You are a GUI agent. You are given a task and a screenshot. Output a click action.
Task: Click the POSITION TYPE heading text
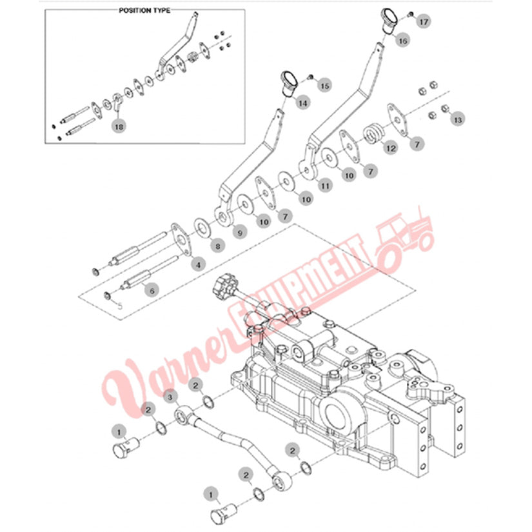144,10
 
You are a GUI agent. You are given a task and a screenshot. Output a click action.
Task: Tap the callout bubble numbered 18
119,126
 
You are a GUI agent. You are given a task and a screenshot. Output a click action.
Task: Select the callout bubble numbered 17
424,22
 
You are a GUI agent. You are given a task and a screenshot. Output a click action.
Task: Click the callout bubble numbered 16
403,41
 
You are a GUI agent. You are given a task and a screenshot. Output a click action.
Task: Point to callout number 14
302,103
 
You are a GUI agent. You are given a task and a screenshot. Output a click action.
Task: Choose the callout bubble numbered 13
458,119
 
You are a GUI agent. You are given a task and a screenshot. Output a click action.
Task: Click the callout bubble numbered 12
391,148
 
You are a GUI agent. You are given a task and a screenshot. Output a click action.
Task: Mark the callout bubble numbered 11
326,186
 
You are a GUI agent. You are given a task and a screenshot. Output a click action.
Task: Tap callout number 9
241,233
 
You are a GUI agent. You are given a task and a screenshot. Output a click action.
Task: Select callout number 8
218,246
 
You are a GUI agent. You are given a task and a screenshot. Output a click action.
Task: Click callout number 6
152,290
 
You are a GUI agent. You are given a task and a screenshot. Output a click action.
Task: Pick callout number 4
199,264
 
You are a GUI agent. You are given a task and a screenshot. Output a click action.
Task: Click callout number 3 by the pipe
170,397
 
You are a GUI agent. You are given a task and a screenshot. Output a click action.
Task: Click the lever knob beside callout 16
389,20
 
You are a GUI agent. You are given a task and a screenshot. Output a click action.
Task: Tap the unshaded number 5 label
119,306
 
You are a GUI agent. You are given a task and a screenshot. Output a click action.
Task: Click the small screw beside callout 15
310,78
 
